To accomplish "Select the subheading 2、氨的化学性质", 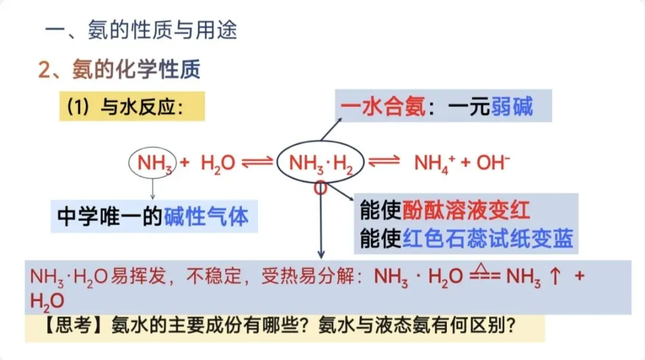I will pos(119,70).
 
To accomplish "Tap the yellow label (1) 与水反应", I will pos(131,107).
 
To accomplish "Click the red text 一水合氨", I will pos(383,107).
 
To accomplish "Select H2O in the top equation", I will pos(218,162).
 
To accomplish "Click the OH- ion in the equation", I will pos(492,162).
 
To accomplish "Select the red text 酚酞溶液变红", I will pos(466,210).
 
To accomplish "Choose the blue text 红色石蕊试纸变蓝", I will pos(488,239).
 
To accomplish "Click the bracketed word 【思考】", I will pos(59,327).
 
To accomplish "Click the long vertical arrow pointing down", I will pos(321,227).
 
